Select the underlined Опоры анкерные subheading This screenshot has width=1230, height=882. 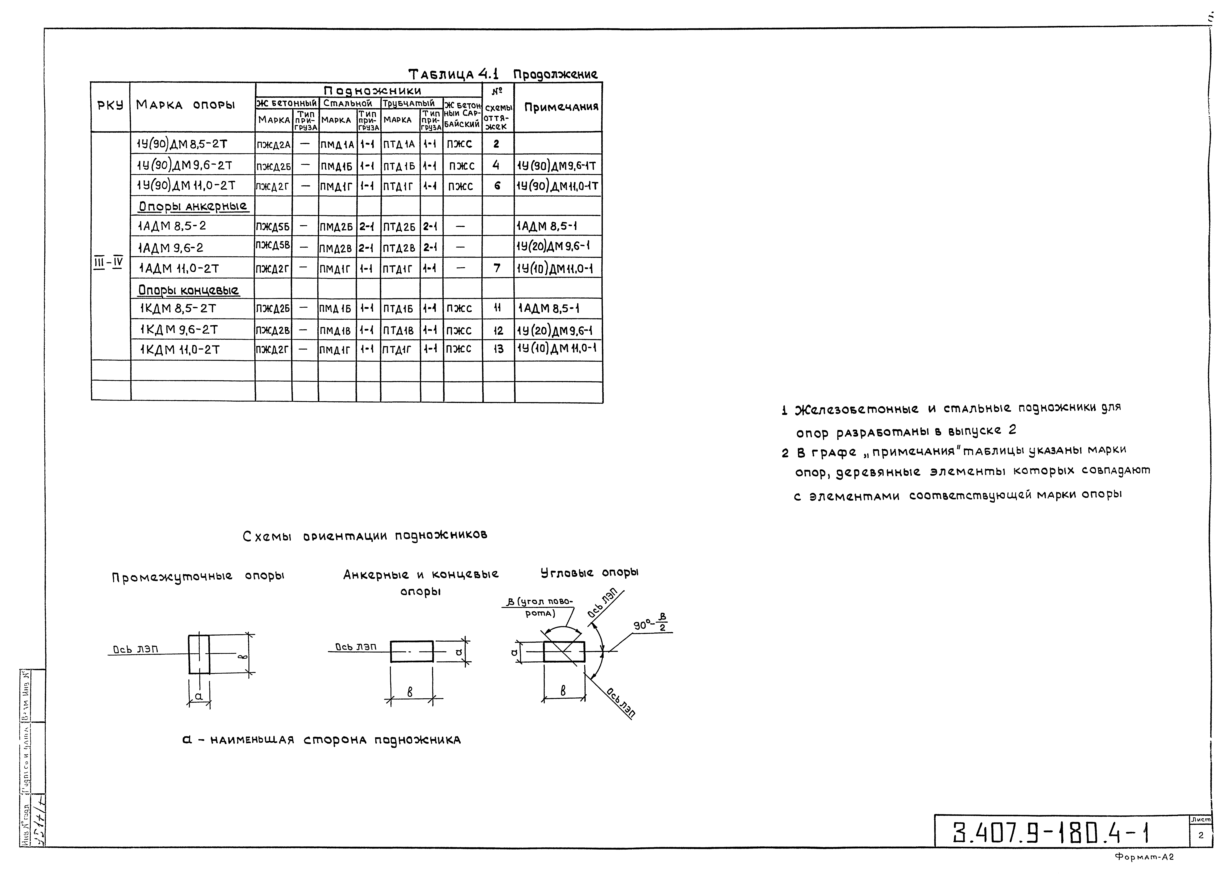[192, 206]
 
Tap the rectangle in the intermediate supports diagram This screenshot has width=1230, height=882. [199, 654]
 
